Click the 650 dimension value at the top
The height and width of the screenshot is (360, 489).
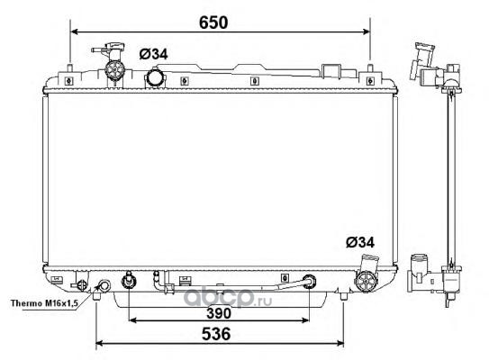213,22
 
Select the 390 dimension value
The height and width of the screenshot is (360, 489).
219,313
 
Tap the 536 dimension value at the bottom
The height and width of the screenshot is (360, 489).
216,334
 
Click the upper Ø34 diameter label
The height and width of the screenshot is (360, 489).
153,54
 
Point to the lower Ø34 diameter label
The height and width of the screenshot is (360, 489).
360,242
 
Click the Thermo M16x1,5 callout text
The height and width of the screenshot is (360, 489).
44,303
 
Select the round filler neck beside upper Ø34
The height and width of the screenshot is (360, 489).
153,77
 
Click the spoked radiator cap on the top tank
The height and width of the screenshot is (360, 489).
114,70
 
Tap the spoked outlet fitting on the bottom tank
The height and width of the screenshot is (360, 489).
366,281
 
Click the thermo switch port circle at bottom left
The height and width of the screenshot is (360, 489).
104,285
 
